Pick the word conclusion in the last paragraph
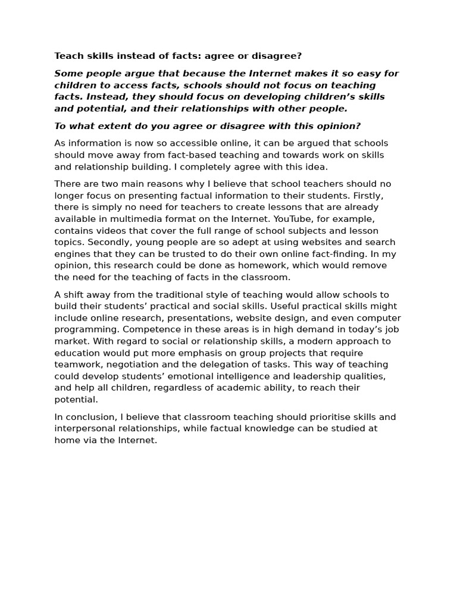click(87, 417)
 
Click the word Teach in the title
click(67, 56)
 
